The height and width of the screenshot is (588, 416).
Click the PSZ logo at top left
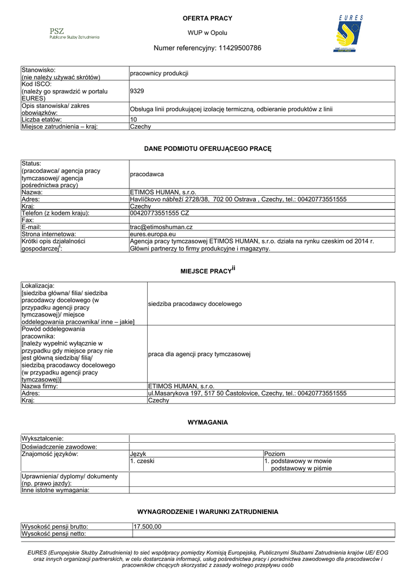pyautogui.click(x=74, y=33)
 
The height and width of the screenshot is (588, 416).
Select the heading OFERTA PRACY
pyautogui.click(x=207, y=18)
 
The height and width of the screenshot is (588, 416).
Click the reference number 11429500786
pyautogui.click(x=239, y=48)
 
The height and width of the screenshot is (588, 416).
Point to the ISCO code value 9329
pyautogui.click(x=137, y=91)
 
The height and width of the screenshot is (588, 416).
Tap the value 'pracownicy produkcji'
pyautogui.click(x=159, y=73)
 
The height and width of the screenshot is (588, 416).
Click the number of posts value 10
pyautogui.click(x=134, y=119)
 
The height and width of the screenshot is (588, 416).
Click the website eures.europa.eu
pyautogui.click(x=151, y=234)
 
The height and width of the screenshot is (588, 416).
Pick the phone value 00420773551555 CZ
pyautogui.click(x=160, y=213)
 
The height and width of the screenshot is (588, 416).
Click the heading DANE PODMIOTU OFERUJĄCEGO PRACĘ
pyautogui.click(x=207, y=149)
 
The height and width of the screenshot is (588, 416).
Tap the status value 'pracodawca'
pyautogui.click(x=147, y=174)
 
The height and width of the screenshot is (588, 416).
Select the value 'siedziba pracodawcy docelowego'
pyautogui.click(x=195, y=304)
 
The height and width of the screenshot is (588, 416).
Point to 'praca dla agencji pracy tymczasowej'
pyautogui.click(x=199, y=354)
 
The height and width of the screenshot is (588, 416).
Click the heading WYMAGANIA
pyautogui.click(x=207, y=422)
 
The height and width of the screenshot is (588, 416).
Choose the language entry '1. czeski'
pyautogui.click(x=142, y=461)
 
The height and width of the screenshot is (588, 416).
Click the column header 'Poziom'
pyautogui.click(x=275, y=454)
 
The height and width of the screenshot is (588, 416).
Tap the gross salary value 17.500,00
pyautogui.click(x=148, y=527)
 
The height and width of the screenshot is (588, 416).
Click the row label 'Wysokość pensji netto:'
pyautogui.click(x=54, y=533)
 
